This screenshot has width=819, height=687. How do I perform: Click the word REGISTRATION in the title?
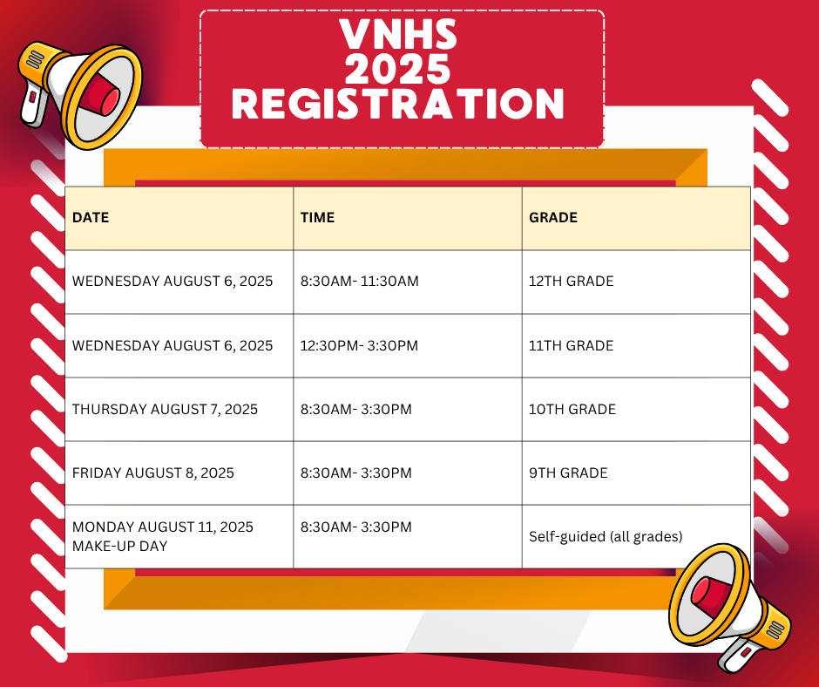pyautogui.click(x=398, y=103)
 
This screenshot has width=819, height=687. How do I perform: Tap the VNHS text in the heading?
pyautogui.click(x=398, y=35)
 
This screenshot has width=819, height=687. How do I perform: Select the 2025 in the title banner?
pyautogui.click(x=397, y=69)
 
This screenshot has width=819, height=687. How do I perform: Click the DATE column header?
pyautogui.click(x=91, y=217)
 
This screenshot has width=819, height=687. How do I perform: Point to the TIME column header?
pyautogui.click(x=317, y=217)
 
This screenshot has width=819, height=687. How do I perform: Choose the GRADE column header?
pyautogui.click(x=553, y=217)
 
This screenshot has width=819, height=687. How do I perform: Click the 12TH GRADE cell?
pyautogui.click(x=571, y=282)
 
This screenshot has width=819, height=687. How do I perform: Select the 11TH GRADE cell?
pyautogui.click(x=571, y=345)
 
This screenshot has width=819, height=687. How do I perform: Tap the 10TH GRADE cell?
pyautogui.click(x=572, y=409)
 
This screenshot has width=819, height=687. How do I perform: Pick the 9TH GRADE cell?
pyautogui.click(x=568, y=473)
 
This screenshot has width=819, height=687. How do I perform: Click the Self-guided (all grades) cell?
pyautogui.click(x=606, y=537)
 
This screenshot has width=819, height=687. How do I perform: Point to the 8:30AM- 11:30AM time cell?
pyautogui.click(x=359, y=282)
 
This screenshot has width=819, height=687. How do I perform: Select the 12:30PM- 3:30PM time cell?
pyautogui.click(x=359, y=345)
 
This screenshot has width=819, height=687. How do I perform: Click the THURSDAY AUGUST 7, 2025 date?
pyautogui.click(x=165, y=409)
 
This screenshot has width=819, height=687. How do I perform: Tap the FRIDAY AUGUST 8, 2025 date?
pyautogui.click(x=152, y=473)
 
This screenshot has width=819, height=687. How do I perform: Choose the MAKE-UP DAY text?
pyautogui.click(x=119, y=547)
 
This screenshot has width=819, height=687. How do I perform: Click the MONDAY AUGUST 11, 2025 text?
pyautogui.click(x=162, y=527)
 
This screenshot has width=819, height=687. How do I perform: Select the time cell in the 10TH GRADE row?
pyautogui.click(x=355, y=409)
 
